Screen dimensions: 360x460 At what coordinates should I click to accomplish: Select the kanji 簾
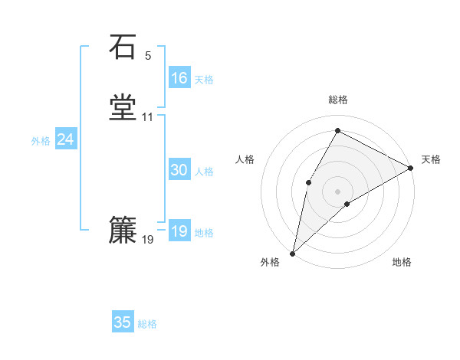(123, 230)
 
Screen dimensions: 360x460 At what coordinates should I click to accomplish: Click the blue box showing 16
(179, 78)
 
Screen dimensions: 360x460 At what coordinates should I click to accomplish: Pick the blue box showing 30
(179, 171)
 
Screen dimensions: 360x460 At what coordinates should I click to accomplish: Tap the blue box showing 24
(66, 139)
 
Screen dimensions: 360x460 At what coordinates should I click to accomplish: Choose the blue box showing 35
(123, 322)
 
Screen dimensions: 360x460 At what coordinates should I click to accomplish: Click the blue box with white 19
(179, 232)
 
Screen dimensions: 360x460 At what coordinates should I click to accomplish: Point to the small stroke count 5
(148, 56)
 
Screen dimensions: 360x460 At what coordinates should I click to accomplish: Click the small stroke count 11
(148, 118)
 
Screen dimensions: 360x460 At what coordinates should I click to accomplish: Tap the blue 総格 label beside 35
(147, 324)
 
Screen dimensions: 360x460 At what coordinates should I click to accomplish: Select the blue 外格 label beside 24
(40, 141)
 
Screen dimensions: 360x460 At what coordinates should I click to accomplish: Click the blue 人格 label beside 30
(205, 172)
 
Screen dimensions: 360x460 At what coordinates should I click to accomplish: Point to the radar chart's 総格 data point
(337, 130)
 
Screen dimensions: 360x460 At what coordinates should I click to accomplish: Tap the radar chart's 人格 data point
(308, 182)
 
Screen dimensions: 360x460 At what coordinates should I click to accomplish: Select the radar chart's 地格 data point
(347, 204)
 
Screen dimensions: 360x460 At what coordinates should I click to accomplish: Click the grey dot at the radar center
(337, 190)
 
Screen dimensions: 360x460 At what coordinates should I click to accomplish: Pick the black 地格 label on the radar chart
(402, 262)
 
